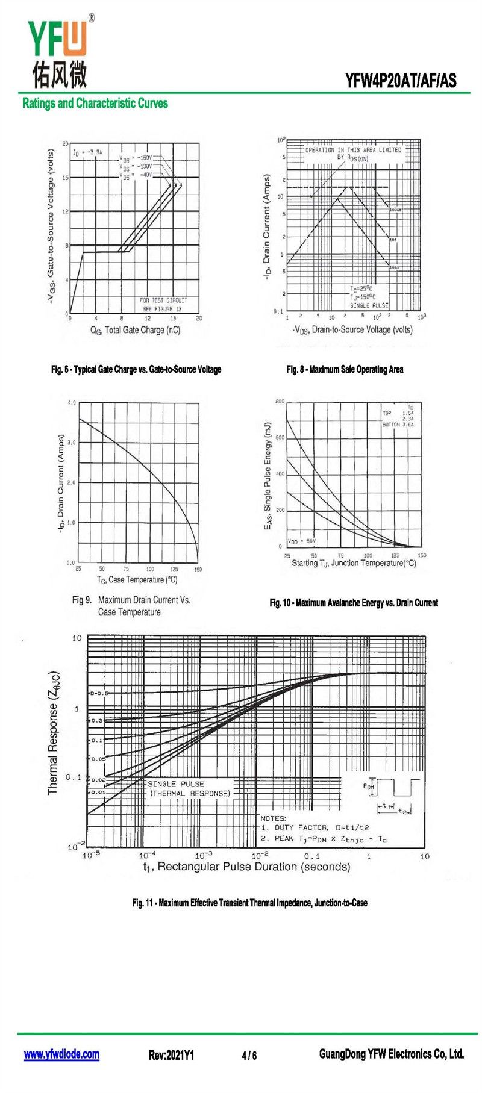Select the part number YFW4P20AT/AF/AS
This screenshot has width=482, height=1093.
pyautogui.click(x=401, y=81)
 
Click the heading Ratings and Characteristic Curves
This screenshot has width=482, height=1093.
pyautogui.click(x=95, y=103)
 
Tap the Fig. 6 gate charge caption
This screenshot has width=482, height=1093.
pyautogui.click(x=136, y=369)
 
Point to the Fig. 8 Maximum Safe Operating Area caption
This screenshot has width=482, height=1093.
pyautogui.click(x=345, y=369)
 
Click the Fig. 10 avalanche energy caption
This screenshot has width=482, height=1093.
pyautogui.click(x=354, y=603)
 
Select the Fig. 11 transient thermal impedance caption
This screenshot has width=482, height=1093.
pyautogui.click(x=249, y=903)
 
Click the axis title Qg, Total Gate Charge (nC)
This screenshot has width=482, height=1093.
pyautogui.click(x=135, y=330)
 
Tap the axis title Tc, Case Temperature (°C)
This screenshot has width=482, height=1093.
pyautogui.click(x=137, y=579)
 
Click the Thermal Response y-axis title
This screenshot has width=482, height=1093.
pyautogui.click(x=54, y=732)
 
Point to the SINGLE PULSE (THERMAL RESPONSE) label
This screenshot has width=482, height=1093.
pyautogui.click(x=189, y=789)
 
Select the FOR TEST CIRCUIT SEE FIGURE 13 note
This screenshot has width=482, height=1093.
pyautogui.click(x=163, y=304)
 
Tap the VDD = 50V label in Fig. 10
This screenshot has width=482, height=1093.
pyautogui.click(x=302, y=541)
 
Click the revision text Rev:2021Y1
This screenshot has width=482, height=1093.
pyautogui.click(x=171, y=1055)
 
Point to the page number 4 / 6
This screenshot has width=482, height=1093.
pyautogui.click(x=249, y=1055)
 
